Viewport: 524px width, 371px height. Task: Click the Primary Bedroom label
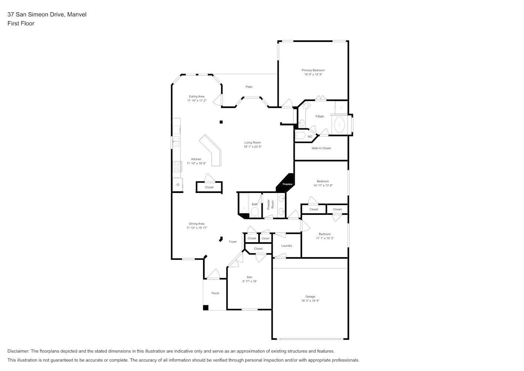click(313, 70)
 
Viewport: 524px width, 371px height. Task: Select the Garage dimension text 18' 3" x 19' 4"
click(310, 301)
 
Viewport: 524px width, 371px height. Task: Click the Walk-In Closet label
click(321, 148)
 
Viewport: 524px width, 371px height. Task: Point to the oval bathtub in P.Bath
click(339, 125)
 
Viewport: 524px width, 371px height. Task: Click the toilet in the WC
click(300, 136)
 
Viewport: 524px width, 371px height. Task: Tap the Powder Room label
click(271, 204)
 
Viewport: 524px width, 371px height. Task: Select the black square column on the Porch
click(206, 308)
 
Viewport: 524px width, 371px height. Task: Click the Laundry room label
click(286, 246)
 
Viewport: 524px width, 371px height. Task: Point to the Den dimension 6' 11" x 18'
click(250, 281)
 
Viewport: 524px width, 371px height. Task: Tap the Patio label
click(249, 87)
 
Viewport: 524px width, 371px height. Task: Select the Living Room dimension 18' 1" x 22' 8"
click(253, 147)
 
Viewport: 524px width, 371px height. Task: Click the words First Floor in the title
click(21, 23)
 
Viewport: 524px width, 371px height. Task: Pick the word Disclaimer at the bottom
click(18, 351)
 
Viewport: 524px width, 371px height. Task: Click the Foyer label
click(233, 242)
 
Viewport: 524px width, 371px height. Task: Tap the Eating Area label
click(196, 96)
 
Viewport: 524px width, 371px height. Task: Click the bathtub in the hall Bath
click(244, 203)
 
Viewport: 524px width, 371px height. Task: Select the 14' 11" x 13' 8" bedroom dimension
click(323, 185)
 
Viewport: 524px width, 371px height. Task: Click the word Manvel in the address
click(77, 14)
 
